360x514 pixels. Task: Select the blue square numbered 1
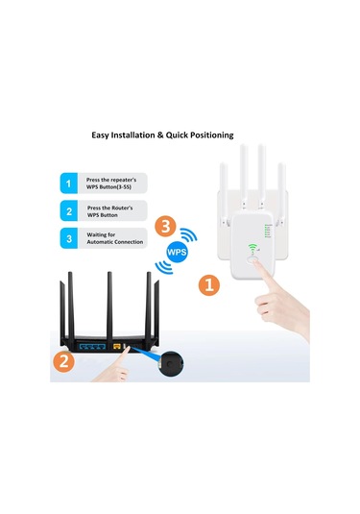(x=67, y=182)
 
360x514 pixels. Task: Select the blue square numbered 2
(x=67, y=210)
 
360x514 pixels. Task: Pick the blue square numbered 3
(x=67, y=238)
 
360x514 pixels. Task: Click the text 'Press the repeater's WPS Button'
(x=113, y=182)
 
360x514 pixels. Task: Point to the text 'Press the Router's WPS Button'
(x=113, y=210)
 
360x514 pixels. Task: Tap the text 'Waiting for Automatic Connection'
(x=113, y=238)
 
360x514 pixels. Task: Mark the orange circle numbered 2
(x=63, y=361)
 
